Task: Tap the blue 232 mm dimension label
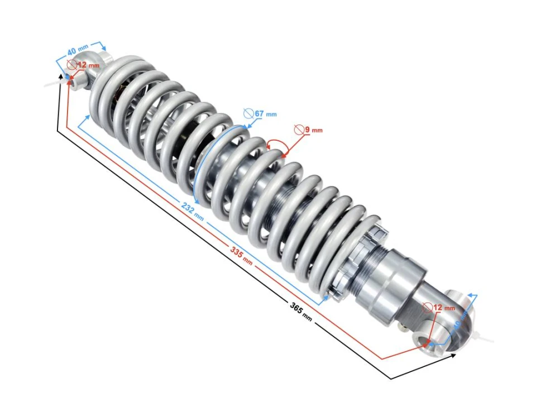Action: click(x=192, y=209)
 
